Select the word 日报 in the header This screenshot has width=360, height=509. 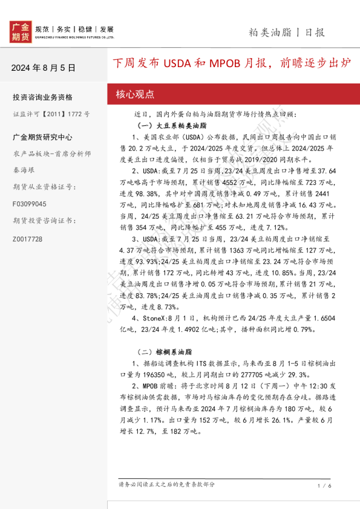tap(315, 32)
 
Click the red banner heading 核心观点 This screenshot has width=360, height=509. tap(135, 94)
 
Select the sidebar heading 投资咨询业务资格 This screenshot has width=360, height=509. tap(42, 97)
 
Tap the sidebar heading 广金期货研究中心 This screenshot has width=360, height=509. tap(42, 137)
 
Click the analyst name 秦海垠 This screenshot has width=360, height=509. tap(24, 170)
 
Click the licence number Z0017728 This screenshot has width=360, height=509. tap(27, 239)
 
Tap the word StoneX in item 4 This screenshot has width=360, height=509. tap(154, 317)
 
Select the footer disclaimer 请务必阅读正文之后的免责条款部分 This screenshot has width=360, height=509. tap(166, 485)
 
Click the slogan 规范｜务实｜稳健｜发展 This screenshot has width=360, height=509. tap(75, 29)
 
